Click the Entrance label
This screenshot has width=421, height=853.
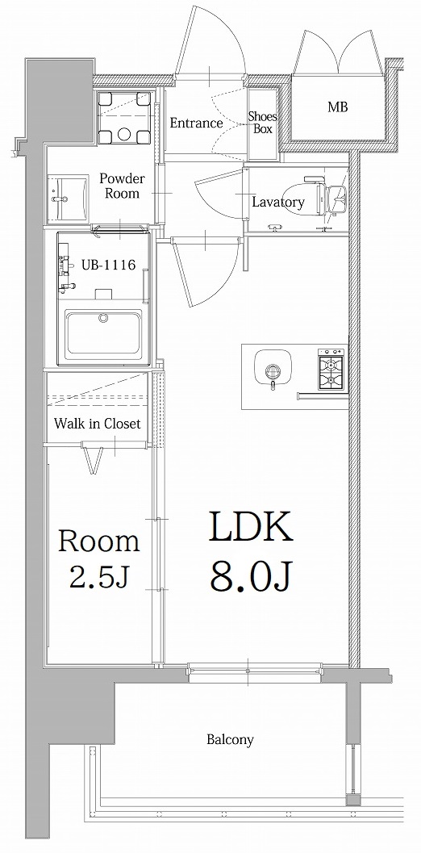(196, 123)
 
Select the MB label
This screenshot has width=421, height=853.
(337, 107)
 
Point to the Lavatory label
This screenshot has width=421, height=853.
(277, 203)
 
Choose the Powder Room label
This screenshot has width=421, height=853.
(122, 186)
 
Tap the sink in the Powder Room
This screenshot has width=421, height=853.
(67, 196)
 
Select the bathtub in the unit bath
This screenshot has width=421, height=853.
(104, 334)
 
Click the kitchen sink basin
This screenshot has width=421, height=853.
(273, 369)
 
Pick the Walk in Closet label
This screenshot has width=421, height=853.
(98, 424)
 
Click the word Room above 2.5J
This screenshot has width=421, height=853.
(99, 541)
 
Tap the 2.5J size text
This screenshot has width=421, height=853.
(98, 577)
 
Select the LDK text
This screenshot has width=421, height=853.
(250, 529)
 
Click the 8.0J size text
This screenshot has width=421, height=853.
(251, 575)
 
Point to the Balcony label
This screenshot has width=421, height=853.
(230, 739)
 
